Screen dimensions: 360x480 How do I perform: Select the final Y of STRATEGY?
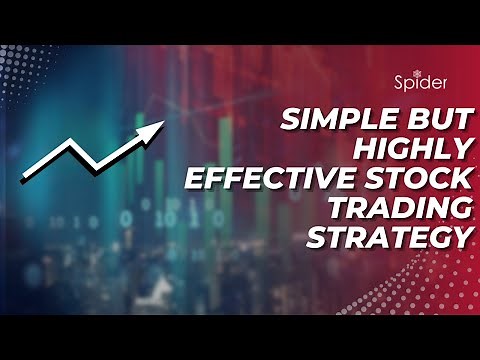[461, 238]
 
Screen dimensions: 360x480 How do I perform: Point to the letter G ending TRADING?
[460, 210]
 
